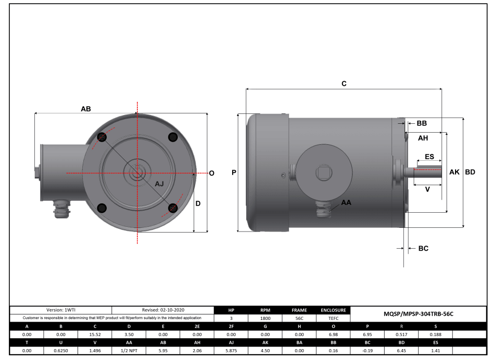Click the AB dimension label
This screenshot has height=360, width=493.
pyautogui.click(x=86, y=109)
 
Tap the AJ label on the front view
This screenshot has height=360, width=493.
pyautogui.click(x=160, y=184)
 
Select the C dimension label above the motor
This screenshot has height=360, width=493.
pyautogui.click(x=344, y=83)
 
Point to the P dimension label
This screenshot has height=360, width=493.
pyautogui.click(x=234, y=172)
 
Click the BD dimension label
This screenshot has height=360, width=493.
pyautogui.click(x=470, y=172)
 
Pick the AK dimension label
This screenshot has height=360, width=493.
pyautogui.click(x=454, y=172)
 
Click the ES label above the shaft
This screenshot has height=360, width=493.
pyautogui.click(x=429, y=157)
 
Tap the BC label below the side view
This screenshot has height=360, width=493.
pyautogui.click(x=423, y=249)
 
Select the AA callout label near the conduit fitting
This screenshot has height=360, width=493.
pyautogui.click(x=346, y=202)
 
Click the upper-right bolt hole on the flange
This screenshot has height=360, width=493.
pyautogui.click(x=173, y=137)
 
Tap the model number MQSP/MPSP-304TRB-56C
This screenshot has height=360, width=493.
pyautogui.click(x=419, y=314)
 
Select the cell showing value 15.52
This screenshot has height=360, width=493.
pyautogui.click(x=95, y=335)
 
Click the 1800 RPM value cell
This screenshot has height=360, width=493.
pyautogui.click(x=265, y=317)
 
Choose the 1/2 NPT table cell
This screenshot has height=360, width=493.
pyautogui.click(x=129, y=351)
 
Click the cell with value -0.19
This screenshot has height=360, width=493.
pyautogui.click(x=367, y=351)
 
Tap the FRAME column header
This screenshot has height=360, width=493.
pyautogui.click(x=299, y=310)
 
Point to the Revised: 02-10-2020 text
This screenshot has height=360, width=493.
pyautogui.click(x=163, y=310)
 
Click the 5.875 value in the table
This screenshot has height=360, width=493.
pyautogui.click(x=231, y=351)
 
